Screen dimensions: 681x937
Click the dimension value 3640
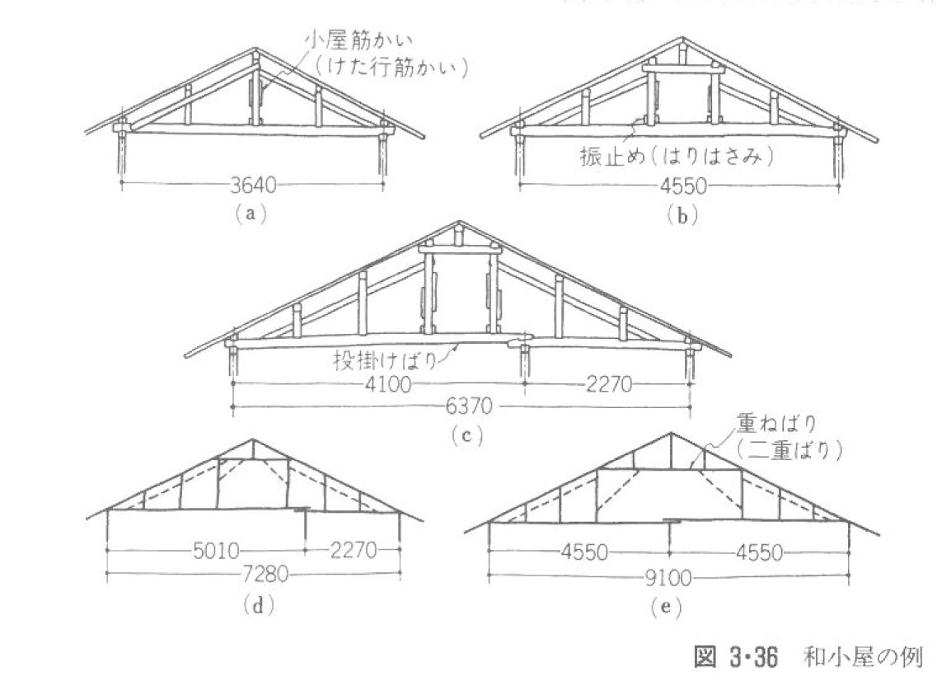[x=251, y=186]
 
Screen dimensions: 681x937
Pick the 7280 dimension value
[x=251, y=574]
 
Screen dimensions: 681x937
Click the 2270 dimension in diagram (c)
[x=608, y=385]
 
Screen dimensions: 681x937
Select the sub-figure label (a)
[x=248, y=213]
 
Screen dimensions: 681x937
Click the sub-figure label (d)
[x=257, y=606]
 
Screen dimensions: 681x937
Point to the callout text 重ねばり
[x=773, y=425]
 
